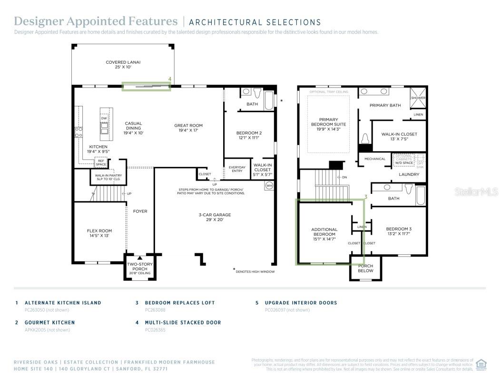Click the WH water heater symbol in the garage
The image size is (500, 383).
(269, 186)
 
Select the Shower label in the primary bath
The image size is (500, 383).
(418, 98)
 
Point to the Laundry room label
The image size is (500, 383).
(409, 174)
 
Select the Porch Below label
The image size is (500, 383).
(365, 268)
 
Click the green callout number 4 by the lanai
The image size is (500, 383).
(169, 79)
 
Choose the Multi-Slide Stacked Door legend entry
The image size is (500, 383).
(183, 323)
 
